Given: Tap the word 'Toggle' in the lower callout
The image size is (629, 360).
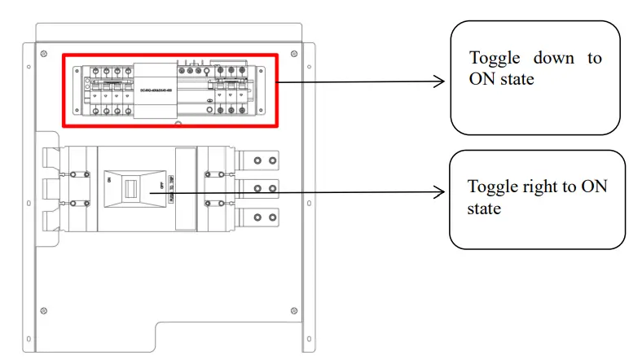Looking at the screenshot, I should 494,187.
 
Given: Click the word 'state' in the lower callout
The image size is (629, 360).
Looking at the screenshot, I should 484,209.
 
